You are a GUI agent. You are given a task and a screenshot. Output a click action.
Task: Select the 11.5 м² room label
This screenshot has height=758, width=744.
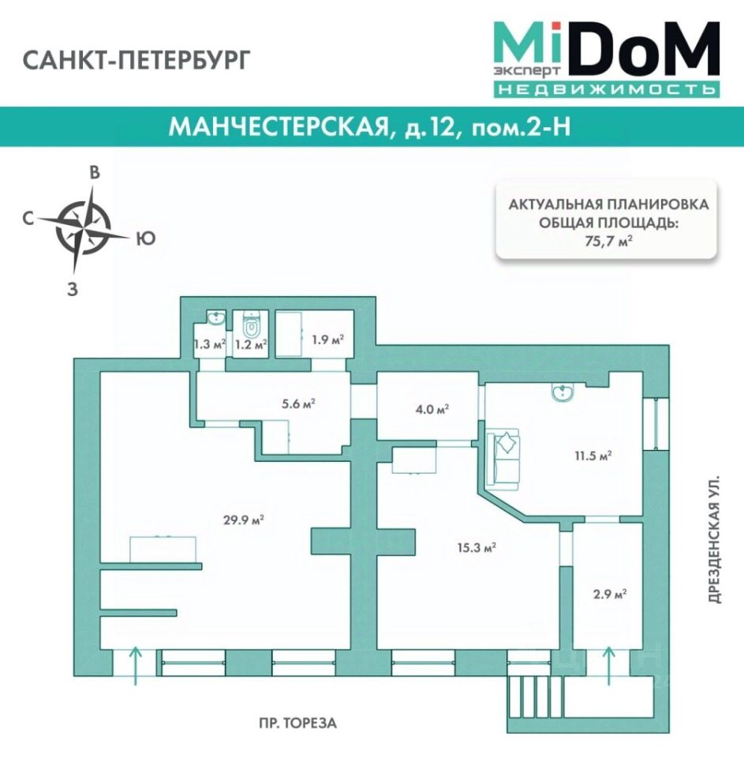point(596,456)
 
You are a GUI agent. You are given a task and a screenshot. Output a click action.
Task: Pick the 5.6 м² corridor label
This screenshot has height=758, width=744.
point(298,403)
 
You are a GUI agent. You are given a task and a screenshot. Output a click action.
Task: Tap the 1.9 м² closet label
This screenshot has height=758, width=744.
point(327,339)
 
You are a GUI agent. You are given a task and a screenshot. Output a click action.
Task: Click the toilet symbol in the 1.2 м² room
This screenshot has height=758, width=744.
point(252,324)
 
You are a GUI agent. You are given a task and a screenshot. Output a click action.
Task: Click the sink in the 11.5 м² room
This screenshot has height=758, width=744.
point(563,392)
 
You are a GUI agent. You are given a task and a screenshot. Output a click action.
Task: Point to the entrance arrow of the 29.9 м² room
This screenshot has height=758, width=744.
point(135,664)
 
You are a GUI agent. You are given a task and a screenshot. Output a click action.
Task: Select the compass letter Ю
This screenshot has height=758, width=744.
point(144,238)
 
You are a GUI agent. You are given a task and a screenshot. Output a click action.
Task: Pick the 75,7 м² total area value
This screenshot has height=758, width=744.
point(606,242)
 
